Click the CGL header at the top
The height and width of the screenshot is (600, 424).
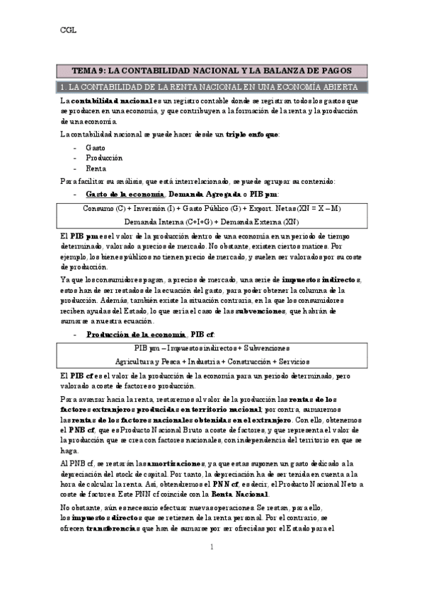pyautogui.click(x=67, y=30)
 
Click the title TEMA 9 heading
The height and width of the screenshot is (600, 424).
pyautogui.click(x=212, y=71)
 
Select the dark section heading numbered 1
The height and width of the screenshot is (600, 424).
pyautogui.click(x=212, y=87)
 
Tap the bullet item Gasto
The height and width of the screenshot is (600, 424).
pyautogui.click(x=96, y=147)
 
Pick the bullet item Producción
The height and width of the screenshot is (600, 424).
pyautogui.click(x=104, y=158)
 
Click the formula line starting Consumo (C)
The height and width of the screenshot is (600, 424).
pyautogui.click(x=212, y=209)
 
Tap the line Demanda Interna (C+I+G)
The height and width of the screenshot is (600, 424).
pyautogui.click(x=212, y=221)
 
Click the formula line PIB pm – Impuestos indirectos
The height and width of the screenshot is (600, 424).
pyautogui.click(x=212, y=349)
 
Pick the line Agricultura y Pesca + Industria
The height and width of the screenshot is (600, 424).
pyautogui.click(x=212, y=361)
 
